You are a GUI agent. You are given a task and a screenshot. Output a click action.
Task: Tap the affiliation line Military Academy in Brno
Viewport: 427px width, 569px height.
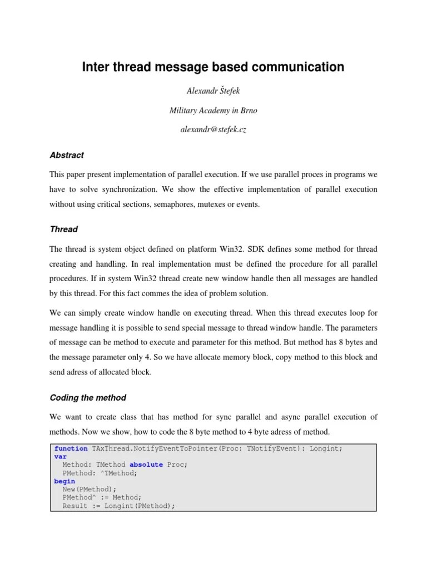pyautogui.click(x=213, y=111)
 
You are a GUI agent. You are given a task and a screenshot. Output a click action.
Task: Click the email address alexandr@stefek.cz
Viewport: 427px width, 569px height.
pyautogui.click(x=213, y=129)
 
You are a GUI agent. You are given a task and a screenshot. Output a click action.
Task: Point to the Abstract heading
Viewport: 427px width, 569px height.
pyautogui.click(x=67, y=155)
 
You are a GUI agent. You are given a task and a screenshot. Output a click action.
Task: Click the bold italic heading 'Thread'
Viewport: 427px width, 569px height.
pyautogui.click(x=64, y=229)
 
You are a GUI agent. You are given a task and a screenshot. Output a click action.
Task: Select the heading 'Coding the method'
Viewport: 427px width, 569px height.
pyautogui.click(x=88, y=397)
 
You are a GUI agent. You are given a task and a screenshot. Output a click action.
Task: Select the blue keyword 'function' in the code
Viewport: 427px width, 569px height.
pyautogui.click(x=71, y=448)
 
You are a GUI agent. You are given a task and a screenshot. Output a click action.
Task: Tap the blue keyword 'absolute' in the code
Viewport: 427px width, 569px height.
pyautogui.click(x=146, y=465)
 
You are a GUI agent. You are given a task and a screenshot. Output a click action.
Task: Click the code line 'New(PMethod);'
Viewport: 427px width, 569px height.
pyautogui.click(x=90, y=489)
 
